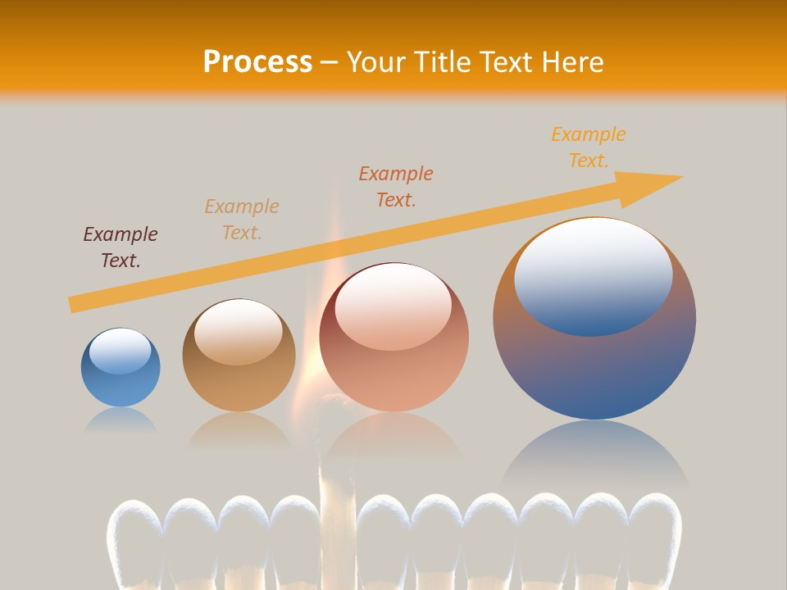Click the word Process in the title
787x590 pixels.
point(257,62)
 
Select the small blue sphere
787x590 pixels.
point(121,368)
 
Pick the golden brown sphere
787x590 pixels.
point(239,356)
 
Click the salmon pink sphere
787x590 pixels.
point(393,338)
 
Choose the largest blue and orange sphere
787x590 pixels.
point(594,319)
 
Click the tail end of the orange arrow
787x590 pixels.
point(75,303)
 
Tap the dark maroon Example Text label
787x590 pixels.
point(121,247)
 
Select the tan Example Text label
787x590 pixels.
point(242,220)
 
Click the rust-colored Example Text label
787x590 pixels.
point(396,186)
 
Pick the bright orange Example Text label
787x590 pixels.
point(589,147)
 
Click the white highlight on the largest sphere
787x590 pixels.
point(594,275)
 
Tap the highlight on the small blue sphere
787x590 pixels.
point(120,351)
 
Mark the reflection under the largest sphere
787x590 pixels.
point(594,459)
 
